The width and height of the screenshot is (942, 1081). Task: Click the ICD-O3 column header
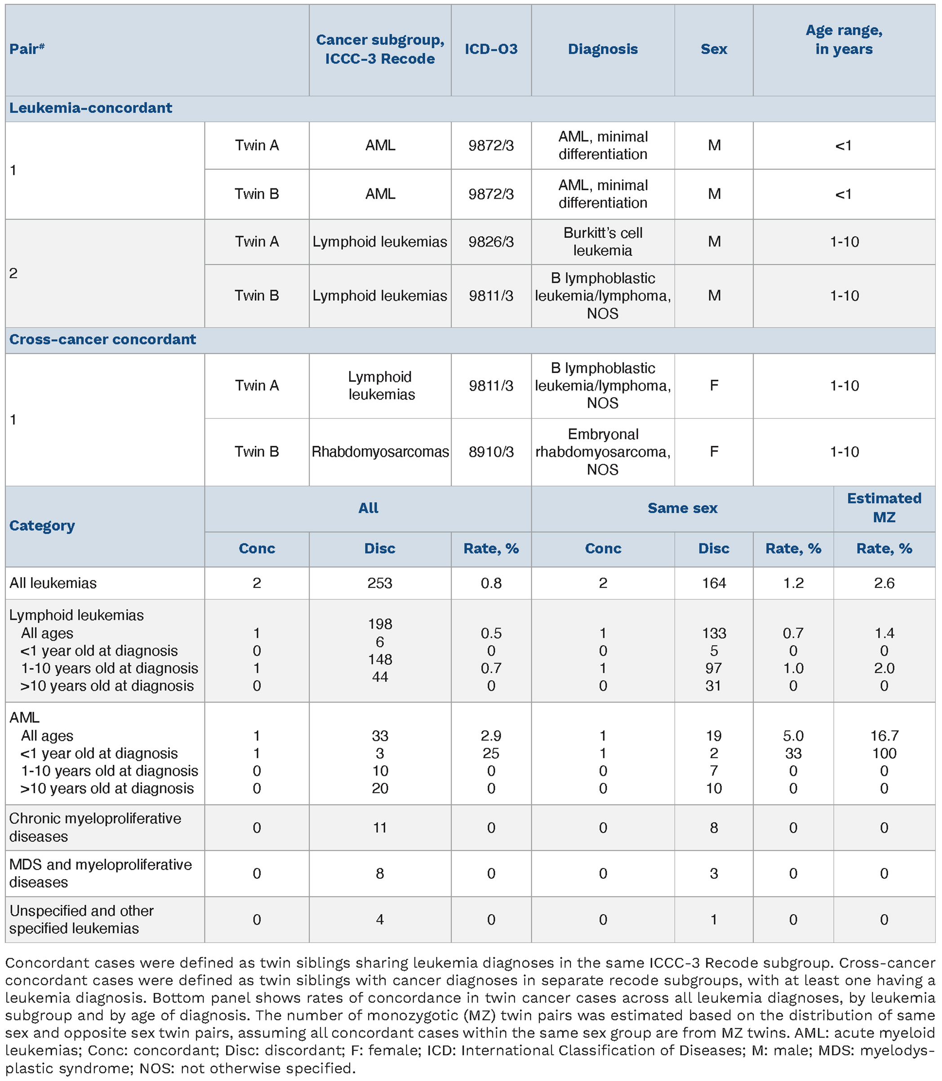[491, 49]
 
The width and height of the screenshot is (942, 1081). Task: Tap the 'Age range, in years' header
[844, 40]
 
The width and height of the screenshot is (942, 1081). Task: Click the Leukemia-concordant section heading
[91, 108]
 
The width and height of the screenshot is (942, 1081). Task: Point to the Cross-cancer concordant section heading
[102, 340]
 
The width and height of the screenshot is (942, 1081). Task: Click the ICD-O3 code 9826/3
[491, 242]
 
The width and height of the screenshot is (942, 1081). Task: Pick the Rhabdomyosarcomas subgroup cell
[380, 452]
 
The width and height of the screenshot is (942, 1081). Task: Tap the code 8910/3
[491, 452]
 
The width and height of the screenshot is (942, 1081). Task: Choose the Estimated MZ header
[884, 508]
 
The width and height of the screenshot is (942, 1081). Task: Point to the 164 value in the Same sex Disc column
[713, 583]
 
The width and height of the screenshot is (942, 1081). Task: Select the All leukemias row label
[53, 583]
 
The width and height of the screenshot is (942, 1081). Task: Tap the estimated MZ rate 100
[884, 753]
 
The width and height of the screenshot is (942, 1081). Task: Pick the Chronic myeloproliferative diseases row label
[95, 827]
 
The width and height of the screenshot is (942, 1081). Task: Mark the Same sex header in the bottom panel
[682, 508]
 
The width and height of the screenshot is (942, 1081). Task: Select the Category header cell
[42, 526]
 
